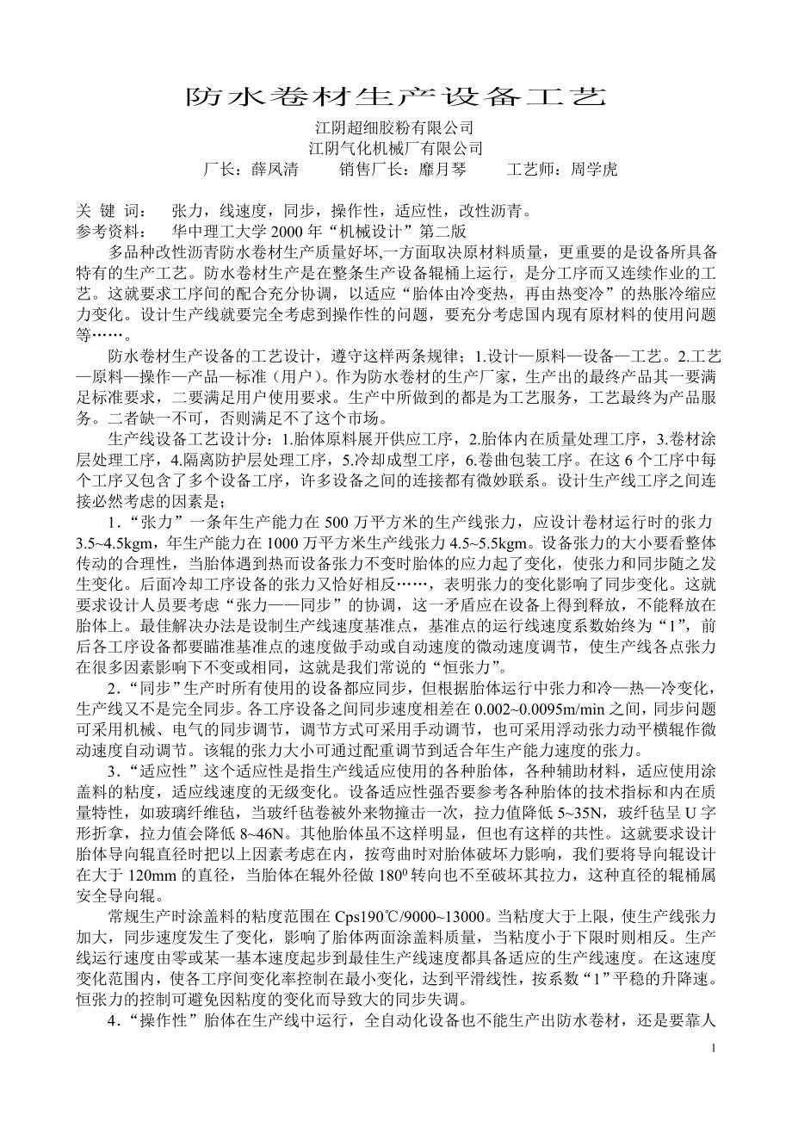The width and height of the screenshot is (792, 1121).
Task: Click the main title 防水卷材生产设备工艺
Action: click(396, 96)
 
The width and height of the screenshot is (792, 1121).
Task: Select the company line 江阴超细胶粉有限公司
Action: click(395, 128)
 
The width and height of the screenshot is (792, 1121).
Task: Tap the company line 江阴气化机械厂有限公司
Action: click(395, 148)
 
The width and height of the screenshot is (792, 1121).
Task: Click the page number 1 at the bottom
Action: click(715, 1048)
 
